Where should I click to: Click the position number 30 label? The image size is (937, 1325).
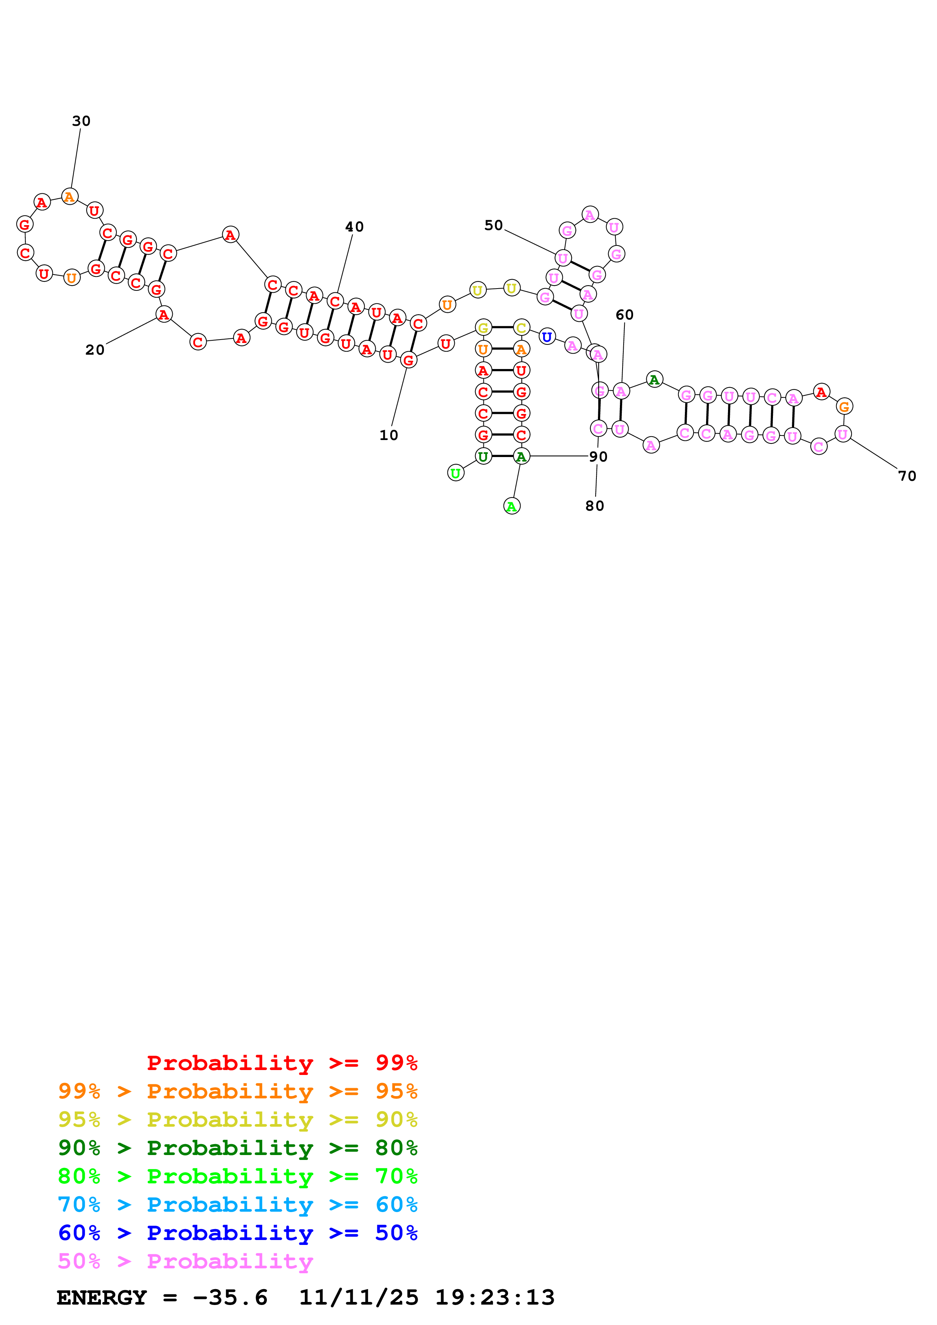[x=81, y=121]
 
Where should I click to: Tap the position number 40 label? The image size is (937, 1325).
[x=355, y=227]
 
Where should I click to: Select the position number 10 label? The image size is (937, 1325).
[x=389, y=435]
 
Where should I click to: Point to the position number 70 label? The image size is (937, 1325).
[x=907, y=476]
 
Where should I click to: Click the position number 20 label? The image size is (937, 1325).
[x=94, y=350]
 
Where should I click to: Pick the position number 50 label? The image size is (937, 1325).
[x=494, y=225]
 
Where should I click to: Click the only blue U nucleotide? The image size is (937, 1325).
[x=547, y=337]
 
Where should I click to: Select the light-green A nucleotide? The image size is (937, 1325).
[x=511, y=507]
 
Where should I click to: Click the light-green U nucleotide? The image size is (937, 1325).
[x=455, y=473]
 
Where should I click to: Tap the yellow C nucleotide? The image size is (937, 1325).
[x=521, y=328]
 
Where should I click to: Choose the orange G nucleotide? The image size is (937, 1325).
[x=844, y=406]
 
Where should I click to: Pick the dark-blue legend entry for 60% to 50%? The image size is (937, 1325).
[x=238, y=1233]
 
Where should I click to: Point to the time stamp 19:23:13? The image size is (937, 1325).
[x=495, y=1297]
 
